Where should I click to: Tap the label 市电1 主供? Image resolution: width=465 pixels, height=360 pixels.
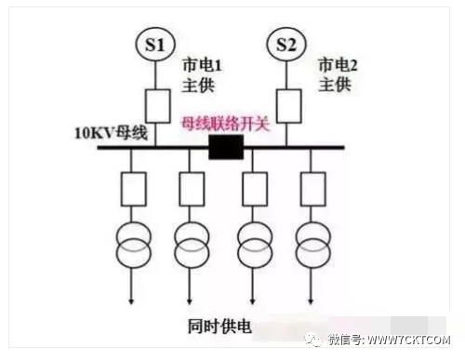[202, 75]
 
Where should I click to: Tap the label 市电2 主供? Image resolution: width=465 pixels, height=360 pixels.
[338, 75]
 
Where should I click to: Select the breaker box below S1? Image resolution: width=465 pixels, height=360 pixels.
[158, 106]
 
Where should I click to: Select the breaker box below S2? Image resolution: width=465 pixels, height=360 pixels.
[289, 106]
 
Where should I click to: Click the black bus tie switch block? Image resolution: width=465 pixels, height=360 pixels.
[226, 147]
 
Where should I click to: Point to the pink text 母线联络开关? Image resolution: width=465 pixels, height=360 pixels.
[225, 125]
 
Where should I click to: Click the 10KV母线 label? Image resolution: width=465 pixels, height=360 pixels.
[111, 133]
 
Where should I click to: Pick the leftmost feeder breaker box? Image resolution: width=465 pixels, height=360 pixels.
[134, 189]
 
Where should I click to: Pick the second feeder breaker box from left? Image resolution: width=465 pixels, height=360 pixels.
[192, 189]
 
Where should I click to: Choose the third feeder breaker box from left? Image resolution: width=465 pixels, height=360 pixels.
[255, 189]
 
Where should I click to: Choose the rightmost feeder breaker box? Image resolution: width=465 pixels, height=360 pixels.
[313, 189]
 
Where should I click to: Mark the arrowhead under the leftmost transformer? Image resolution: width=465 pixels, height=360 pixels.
[131, 301]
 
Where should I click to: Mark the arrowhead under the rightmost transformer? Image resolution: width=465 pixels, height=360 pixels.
[311, 301]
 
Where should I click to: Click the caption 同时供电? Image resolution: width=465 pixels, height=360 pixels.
[219, 327]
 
